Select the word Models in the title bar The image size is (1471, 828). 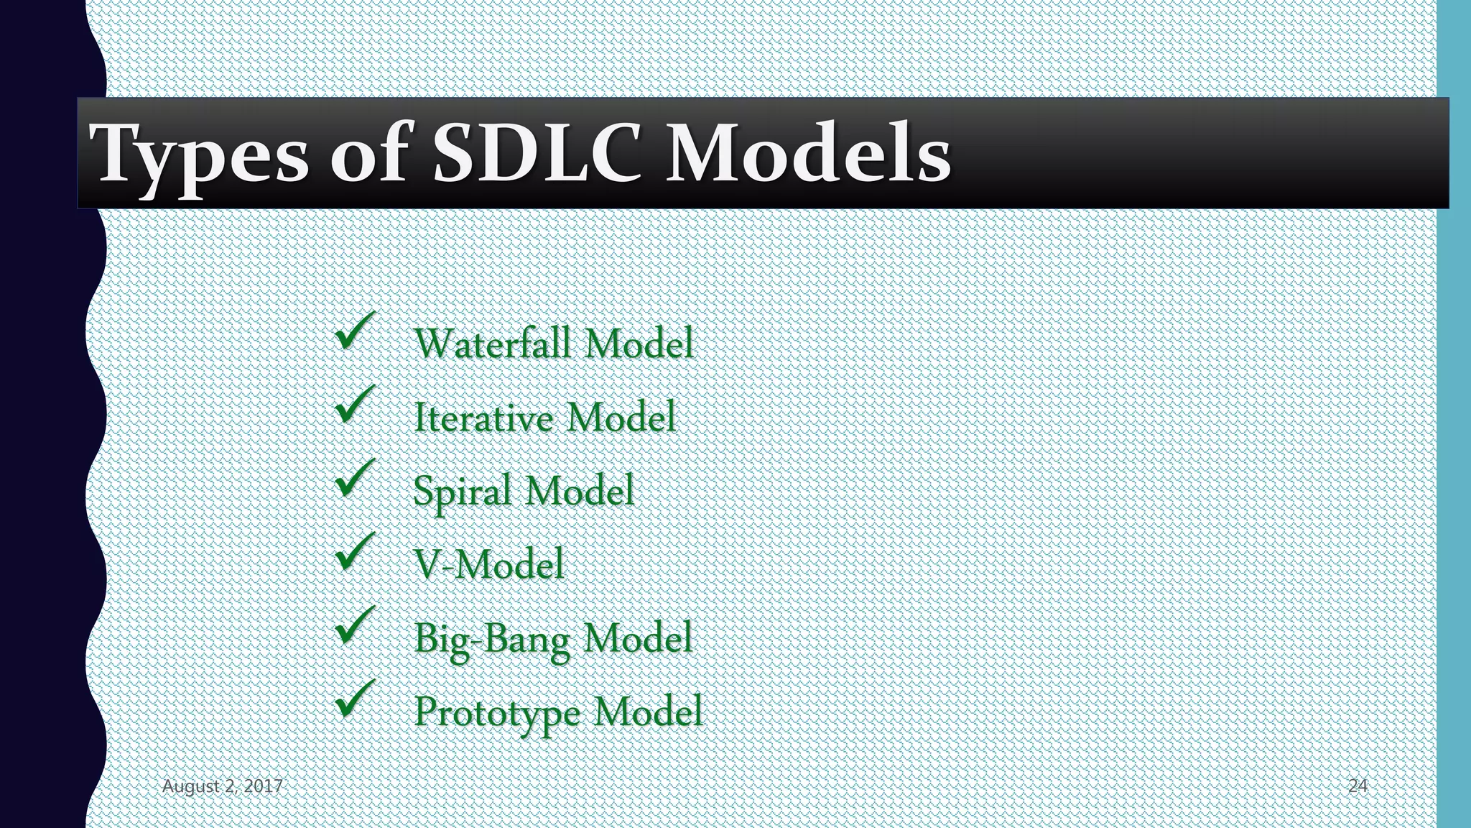click(x=807, y=153)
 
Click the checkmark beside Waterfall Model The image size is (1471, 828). click(x=355, y=332)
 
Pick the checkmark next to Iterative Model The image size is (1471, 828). click(x=355, y=405)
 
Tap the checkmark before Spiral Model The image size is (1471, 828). click(x=355, y=479)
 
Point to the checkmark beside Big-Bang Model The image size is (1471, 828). click(x=355, y=626)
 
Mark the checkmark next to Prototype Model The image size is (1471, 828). click(x=355, y=699)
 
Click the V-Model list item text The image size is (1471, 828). click(x=489, y=565)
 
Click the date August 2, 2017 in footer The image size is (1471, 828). click(x=222, y=786)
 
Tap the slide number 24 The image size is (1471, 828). click(x=1357, y=786)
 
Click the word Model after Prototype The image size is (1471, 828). click(x=647, y=712)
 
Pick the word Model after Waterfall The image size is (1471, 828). click(x=639, y=343)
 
